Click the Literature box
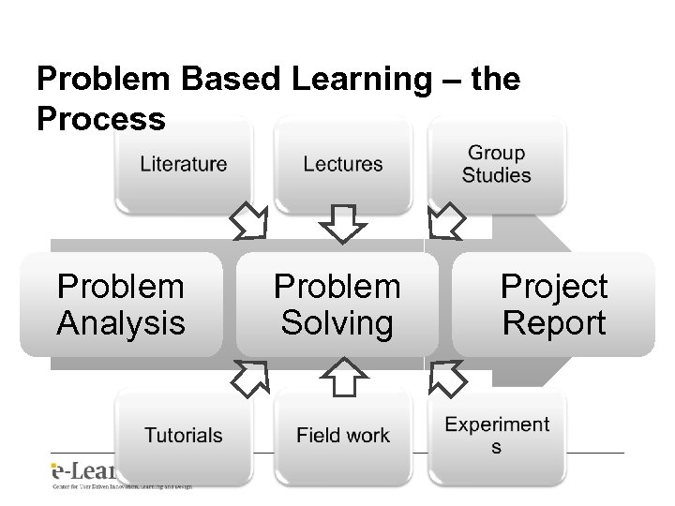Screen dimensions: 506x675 [184, 165]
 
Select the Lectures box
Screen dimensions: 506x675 [343, 165]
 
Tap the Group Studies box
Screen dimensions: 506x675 [496, 165]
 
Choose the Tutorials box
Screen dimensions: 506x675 [184, 436]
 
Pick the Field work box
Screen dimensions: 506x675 [343, 436]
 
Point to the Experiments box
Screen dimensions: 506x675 [496, 436]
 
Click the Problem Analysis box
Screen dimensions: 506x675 [121, 305]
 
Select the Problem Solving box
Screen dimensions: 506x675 [337, 305]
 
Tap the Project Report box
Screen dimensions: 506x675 [554, 305]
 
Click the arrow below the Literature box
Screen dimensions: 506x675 [249, 222]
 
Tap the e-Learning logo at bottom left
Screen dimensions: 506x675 [84, 473]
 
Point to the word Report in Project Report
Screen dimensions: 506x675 [554, 323]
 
